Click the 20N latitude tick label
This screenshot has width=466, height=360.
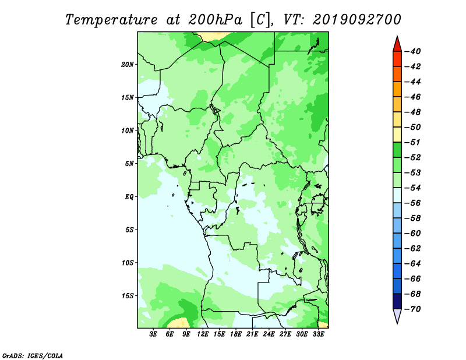point(127,64)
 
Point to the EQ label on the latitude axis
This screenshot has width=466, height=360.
point(129,196)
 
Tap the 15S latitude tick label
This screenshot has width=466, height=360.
point(127,296)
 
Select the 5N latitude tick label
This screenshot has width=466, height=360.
point(129,164)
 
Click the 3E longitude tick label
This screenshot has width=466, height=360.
point(153,334)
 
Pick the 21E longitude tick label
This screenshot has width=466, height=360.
point(252,334)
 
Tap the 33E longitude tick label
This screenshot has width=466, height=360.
point(318,334)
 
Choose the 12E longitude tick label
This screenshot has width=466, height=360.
point(203,334)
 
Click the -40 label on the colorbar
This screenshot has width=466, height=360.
point(412,51)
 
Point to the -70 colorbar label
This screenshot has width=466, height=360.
point(412,309)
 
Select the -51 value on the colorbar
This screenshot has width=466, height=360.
point(412,142)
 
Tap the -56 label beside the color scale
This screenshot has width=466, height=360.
point(412,203)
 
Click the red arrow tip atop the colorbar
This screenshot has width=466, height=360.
point(397,36)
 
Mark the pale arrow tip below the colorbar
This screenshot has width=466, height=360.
point(397,324)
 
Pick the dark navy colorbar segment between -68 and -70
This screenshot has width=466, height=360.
point(397,301)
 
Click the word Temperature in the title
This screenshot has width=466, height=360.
point(111,20)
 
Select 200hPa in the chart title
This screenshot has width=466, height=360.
point(215,20)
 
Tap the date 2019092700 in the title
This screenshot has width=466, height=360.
point(357,20)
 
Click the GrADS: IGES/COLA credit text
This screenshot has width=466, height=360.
point(33,355)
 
